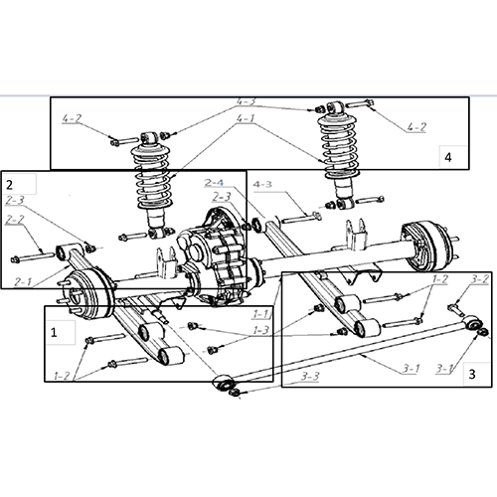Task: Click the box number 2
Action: point(10,184)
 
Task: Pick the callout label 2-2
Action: point(15,220)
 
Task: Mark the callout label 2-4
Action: point(214,182)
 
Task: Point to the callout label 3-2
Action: point(478,279)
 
